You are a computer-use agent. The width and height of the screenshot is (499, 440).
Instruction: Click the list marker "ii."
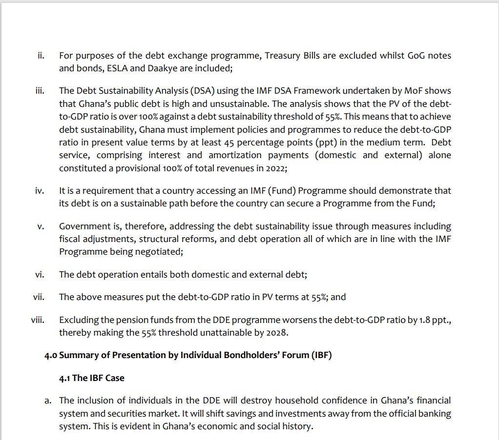[x=41, y=56]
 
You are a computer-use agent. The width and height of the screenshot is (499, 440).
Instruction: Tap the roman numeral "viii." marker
[x=38, y=320]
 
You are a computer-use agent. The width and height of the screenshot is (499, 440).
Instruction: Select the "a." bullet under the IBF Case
[x=48, y=400]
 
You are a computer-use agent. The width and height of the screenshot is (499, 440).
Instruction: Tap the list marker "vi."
[x=40, y=275]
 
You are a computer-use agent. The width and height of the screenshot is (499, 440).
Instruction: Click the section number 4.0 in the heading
[x=51, y=355]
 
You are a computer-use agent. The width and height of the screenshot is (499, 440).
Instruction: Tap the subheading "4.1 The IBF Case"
[x=91, y=378]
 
